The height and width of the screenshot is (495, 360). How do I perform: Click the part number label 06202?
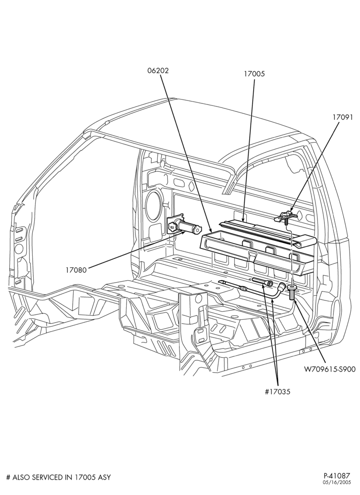pos(158,70)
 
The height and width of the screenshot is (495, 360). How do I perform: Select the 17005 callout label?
pos(254,74)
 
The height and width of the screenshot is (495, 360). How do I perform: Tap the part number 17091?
pos(342,117)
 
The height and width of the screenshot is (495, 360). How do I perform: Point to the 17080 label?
pos(76,270)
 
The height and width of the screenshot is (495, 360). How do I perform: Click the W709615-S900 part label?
pos(330,369)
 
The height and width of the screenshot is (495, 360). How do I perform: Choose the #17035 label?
pos(277,392)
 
